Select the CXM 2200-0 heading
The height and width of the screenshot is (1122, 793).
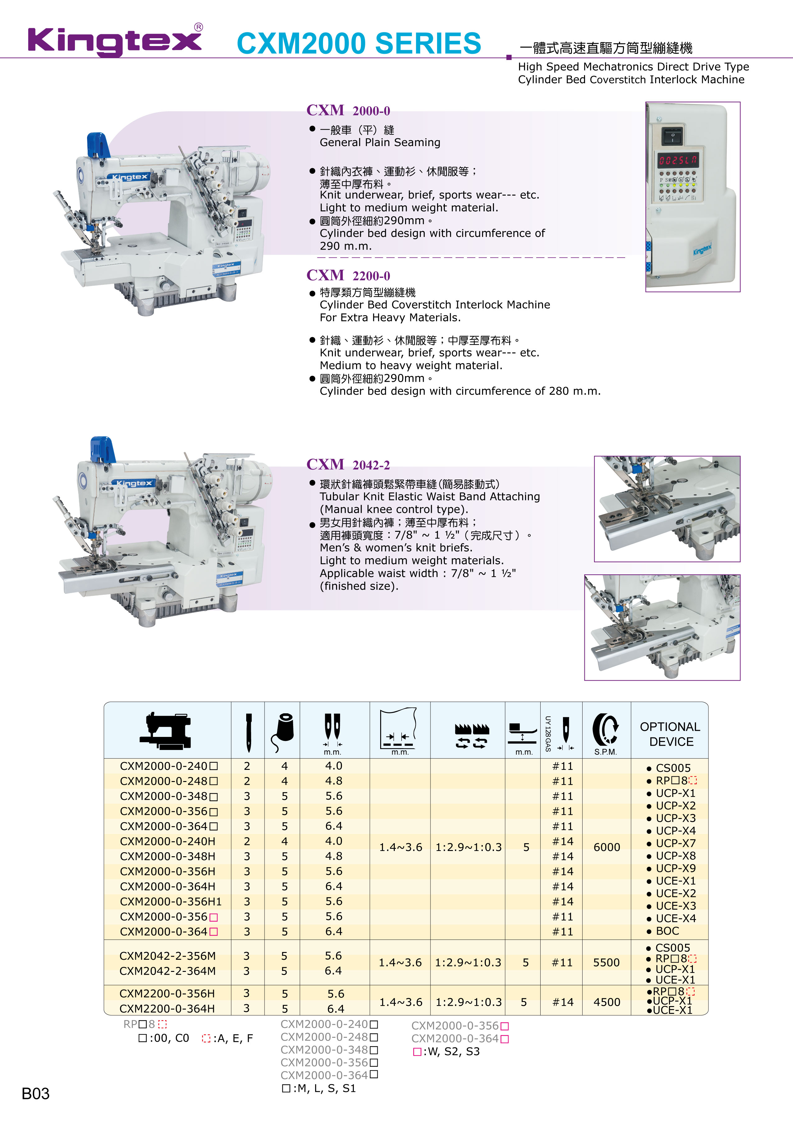click(348, 276)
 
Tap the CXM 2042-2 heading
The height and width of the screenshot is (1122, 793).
click(348, 465)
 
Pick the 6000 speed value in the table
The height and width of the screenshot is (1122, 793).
click(607, 847)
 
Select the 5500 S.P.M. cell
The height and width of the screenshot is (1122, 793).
click(606, 962)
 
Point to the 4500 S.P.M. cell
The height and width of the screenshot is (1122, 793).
click(607, 1002)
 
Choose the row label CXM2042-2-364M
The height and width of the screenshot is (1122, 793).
click(167, 971)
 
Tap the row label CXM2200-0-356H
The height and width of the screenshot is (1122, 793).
click(167, 993)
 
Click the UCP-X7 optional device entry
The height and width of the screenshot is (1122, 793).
click(671, 843)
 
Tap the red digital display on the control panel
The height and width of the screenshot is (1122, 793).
click(678, 160)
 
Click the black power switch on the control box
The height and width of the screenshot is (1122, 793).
click(672, 136)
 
